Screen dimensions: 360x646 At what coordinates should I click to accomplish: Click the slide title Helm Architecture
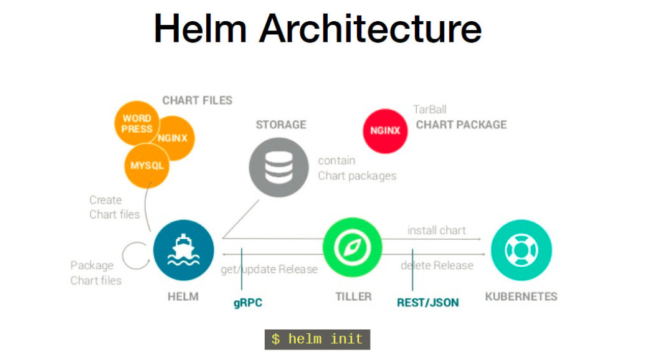318,28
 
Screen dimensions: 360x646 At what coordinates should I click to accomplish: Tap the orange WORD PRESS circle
136,123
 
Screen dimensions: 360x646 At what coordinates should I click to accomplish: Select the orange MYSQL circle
147,166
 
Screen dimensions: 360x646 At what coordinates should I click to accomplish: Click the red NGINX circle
385,131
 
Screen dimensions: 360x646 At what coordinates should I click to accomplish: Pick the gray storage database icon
278,167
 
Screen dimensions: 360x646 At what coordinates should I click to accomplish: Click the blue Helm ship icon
183,250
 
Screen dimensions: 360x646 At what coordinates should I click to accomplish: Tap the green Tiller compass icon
352,249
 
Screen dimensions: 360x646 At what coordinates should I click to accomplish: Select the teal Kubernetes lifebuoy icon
521,250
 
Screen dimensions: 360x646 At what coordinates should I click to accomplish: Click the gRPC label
248,303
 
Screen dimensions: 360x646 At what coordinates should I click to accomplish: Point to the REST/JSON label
428,303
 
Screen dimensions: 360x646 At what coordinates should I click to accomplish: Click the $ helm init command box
317,339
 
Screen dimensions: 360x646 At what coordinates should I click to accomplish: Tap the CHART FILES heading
197,100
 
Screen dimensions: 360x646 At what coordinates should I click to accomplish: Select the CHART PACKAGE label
461,125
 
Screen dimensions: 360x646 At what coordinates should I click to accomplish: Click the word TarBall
430,110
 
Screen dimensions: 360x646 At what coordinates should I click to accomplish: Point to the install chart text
437,230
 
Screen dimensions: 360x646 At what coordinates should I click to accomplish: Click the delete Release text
437,266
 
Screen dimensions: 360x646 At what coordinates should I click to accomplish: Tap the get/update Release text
269,270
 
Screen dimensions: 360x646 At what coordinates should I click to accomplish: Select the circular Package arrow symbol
133,255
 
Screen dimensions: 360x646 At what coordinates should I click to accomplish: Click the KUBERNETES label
521,296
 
